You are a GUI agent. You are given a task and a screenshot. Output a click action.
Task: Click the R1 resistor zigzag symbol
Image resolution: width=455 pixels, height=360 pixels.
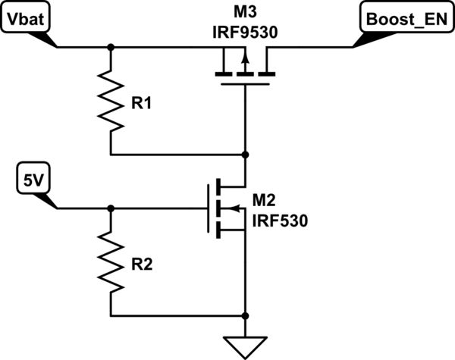[111, 104]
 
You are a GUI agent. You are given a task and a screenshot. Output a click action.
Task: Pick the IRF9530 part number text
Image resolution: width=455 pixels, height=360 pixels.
[243, 32]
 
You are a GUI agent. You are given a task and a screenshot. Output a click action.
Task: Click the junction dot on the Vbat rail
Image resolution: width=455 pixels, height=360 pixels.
[111, 47]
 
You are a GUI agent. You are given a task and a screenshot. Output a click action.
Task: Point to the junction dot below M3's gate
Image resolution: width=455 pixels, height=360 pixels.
[245, 154]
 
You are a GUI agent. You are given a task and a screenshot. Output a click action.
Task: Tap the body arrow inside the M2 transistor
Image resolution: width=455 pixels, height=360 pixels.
[235, 208]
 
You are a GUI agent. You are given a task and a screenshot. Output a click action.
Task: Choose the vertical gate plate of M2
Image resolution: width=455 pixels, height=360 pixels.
[207, 208]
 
